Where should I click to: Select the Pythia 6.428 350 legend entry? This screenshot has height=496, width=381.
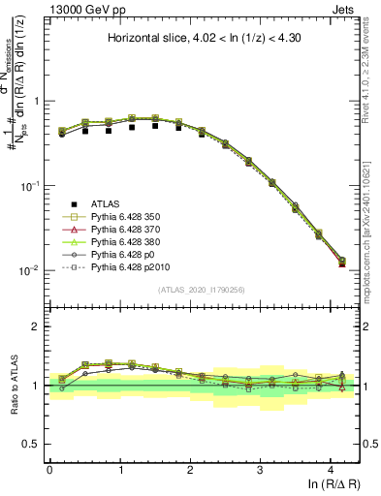click(130, 219)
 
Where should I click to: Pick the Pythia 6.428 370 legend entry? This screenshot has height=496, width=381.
click(130, 233)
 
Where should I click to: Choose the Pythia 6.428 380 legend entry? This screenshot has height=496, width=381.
click(130, 248)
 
